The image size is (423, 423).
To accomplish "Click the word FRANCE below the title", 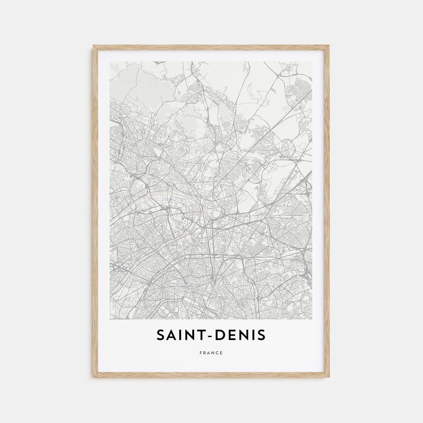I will [x=211, y=353].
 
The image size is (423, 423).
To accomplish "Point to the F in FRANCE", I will [x=201, y=353].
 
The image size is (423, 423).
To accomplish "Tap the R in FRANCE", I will [x=205, y=353].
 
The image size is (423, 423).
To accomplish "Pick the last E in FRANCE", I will [x=221, y=353].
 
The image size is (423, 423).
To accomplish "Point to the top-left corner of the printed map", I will [x=110, y=62].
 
